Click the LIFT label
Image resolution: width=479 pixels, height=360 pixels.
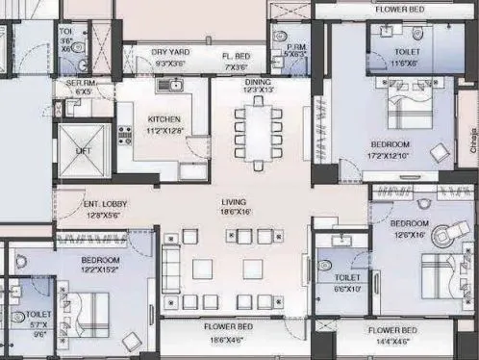[x=84, y=151]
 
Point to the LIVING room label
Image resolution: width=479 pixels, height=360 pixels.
[x=234, y=202]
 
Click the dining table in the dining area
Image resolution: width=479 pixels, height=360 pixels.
[x=259, y=134]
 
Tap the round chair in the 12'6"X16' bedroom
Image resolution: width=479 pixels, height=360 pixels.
[x=445, y=233]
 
